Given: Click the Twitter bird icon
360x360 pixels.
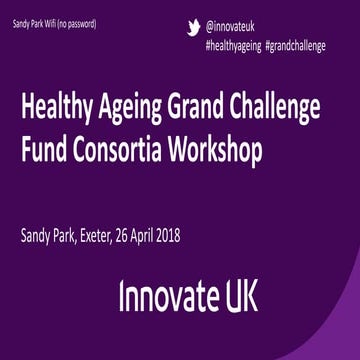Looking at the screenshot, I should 194,29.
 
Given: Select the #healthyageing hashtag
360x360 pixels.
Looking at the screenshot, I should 234,45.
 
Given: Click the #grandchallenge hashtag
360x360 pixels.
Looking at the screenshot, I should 296,45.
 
